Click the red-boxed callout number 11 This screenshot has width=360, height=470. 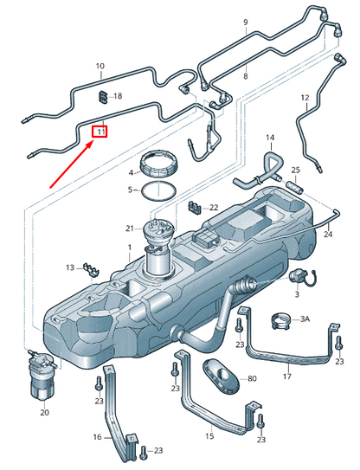(x=100, y=132)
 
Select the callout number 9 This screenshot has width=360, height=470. (x=245, y=21)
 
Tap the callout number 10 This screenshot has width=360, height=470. (x=100, y=66)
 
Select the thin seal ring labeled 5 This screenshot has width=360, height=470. (x=158, y=190)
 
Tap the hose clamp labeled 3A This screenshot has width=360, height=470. (x=280, y=320)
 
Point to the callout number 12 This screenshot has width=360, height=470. (x=305, y=98)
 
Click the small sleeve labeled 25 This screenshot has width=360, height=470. (x=291, y=184)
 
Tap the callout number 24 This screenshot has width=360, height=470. (x=328, y=235)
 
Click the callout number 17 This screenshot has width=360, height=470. (x=287, y=376)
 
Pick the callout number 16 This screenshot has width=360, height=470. (x=98, y=437)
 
